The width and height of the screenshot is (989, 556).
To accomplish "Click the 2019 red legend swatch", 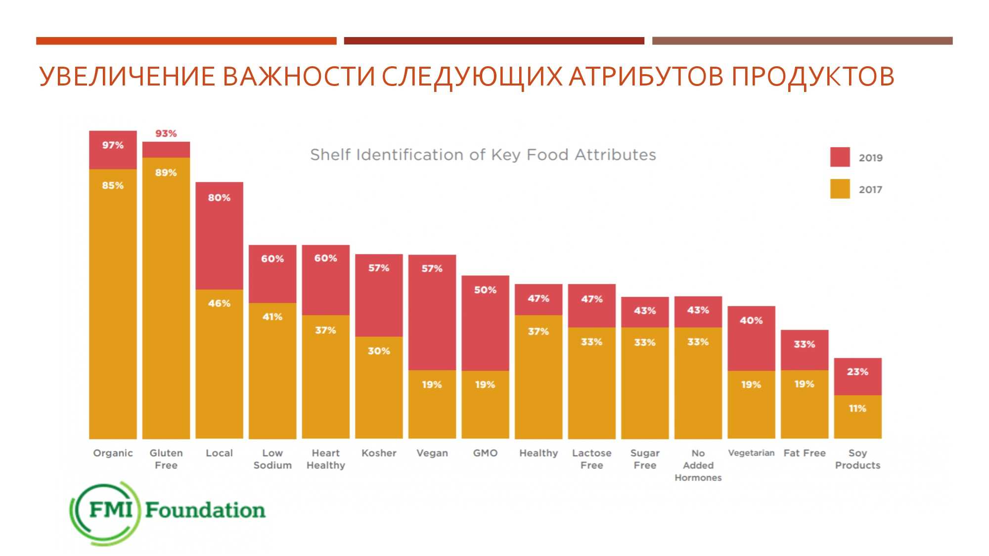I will tap(840, 157).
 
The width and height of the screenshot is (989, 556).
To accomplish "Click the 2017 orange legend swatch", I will tap(840, 189).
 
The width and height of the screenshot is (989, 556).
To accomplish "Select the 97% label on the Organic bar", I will tap(113, 145).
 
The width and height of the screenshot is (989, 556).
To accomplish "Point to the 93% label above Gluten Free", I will tap(166, 133).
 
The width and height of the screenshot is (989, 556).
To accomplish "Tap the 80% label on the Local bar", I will tap(219, 198).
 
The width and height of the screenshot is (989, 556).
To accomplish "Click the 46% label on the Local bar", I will tap(219, 303).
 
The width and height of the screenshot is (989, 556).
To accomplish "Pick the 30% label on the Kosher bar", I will tap(379, 351).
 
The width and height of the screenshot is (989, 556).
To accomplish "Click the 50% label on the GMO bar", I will tap(485, 290).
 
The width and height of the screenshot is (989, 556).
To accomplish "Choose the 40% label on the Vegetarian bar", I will tap(751, 321).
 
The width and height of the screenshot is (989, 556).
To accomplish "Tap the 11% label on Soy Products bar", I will tap(857, 409).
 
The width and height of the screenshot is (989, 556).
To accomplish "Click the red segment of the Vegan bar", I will tap(432, 321).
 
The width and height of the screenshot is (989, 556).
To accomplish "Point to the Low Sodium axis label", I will tap(272, 459).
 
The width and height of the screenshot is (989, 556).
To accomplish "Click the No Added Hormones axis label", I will tap(698, 465).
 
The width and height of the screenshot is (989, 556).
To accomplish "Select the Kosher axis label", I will tap(379, 453).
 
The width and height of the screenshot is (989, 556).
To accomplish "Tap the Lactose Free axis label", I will tap(591, 459).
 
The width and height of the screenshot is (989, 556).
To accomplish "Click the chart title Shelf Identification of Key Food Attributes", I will tap(483, 155).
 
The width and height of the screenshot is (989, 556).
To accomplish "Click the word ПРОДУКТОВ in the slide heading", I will tap(812, 77).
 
